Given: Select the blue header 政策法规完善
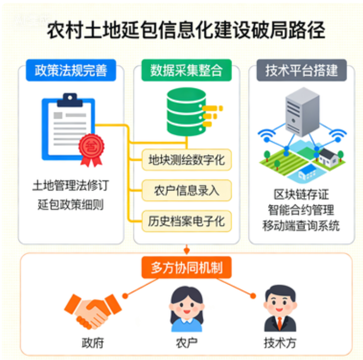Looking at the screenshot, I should pos(71,70).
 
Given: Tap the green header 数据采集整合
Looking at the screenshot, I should pos(186,70).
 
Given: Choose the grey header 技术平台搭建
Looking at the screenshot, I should pos(302,70).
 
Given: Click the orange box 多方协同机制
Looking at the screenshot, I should pos(186,268).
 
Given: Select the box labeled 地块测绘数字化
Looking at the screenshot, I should pos(186,160).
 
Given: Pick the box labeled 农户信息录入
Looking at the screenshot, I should pos(186,191).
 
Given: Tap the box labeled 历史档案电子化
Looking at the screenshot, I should pos(186,221).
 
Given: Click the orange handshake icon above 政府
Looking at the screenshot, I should pos(91,310).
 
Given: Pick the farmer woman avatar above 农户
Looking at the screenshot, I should pos(186,308).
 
